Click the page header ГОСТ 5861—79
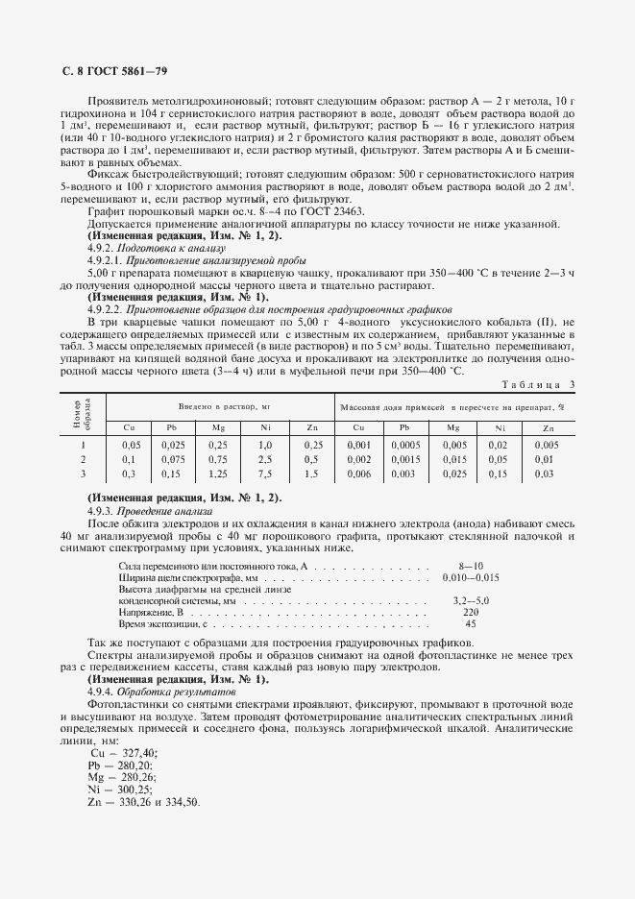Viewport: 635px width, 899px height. tap(110, 72)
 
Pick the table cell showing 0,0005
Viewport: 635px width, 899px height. tap(405, 445)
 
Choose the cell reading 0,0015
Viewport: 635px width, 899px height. tap(405, 459)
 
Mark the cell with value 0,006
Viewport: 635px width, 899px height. tap(358, 474)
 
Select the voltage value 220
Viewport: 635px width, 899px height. tap(471, 612)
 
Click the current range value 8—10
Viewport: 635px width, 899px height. tap(472, 569)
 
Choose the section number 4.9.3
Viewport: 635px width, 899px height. tap(102, 512)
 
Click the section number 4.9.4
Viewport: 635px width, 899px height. tap(102, 692)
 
